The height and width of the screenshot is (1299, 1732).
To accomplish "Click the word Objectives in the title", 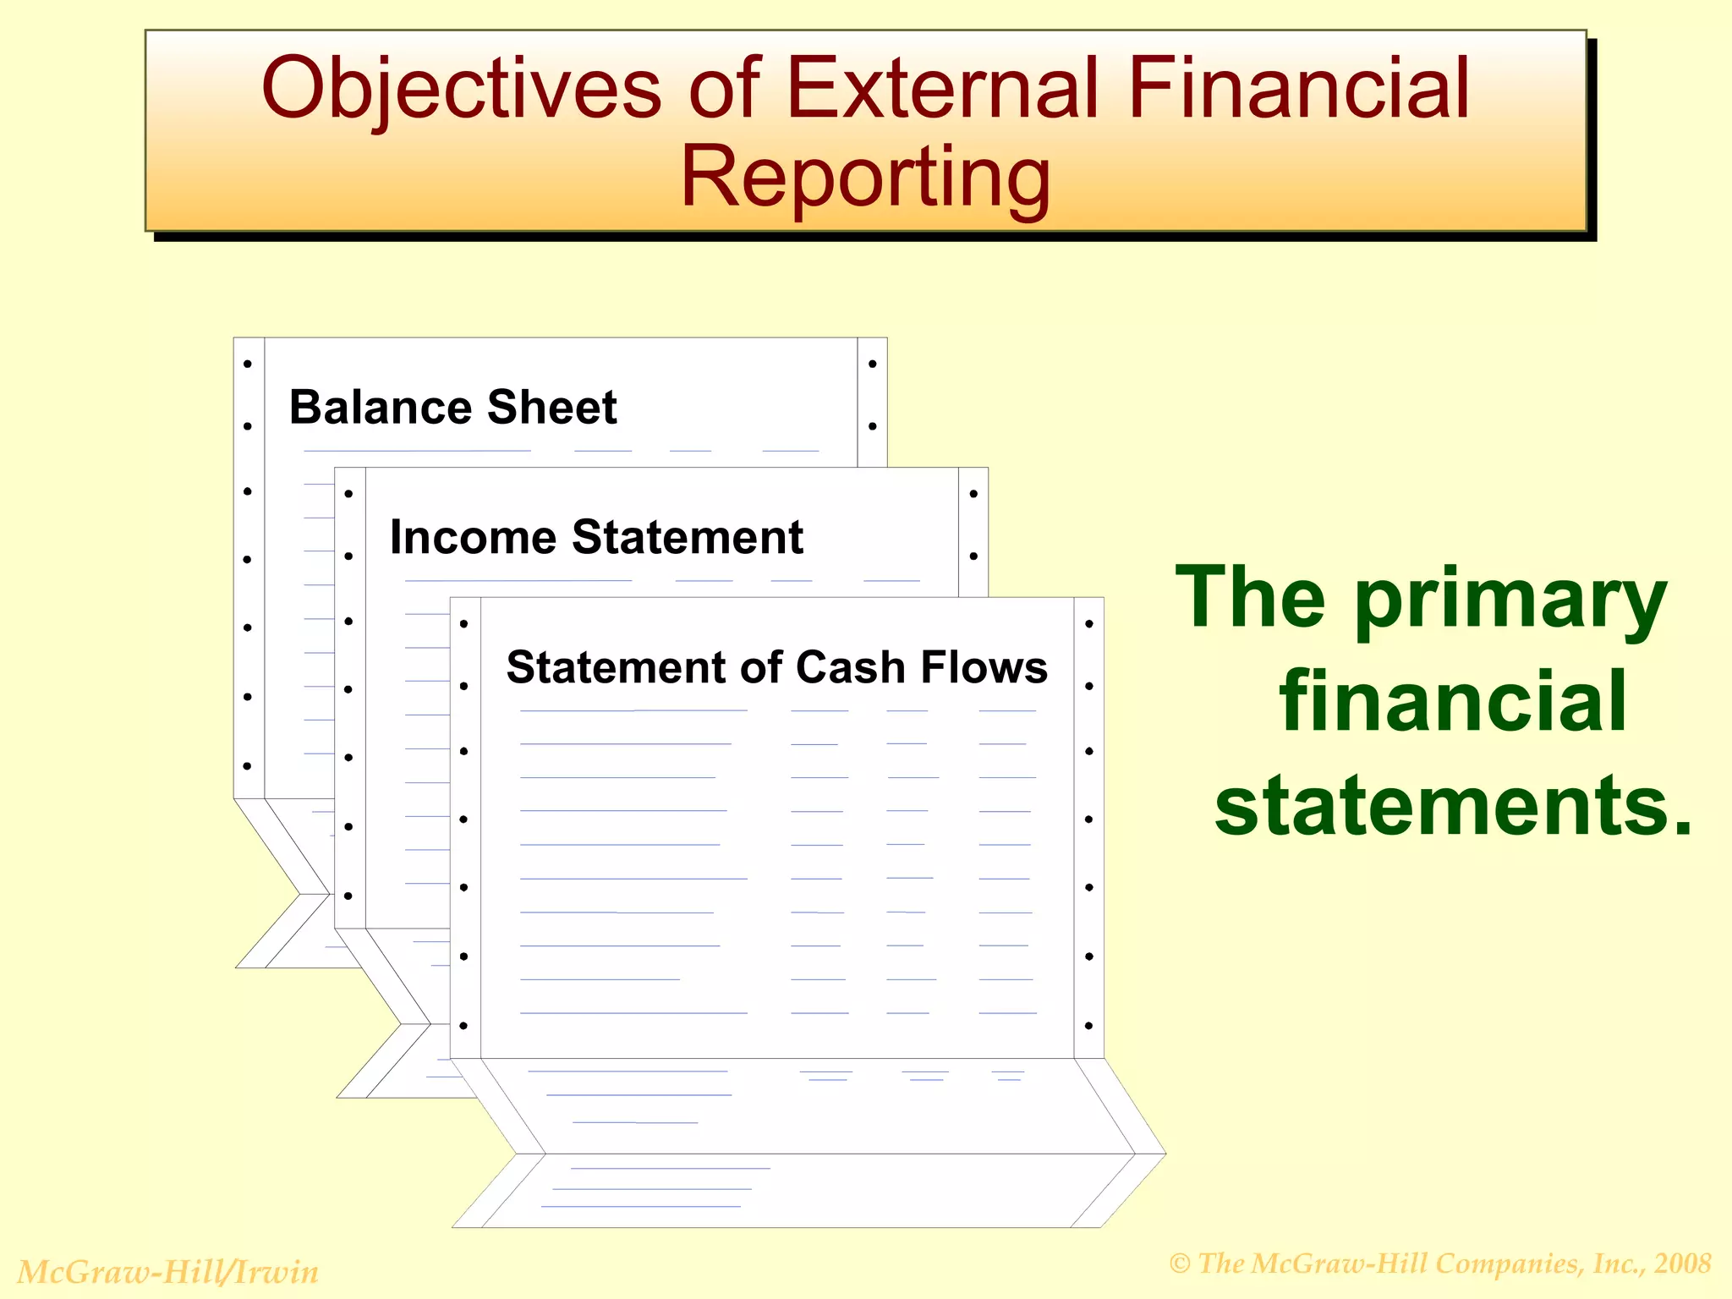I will pos(461,89).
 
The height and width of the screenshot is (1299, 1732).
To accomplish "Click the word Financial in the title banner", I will pos(1299,89).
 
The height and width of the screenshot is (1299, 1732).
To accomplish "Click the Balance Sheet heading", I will pos(452,408).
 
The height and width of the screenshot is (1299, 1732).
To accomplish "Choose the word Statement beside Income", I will pos(688,537).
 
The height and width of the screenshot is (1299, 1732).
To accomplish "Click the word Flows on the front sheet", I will pos(984,667).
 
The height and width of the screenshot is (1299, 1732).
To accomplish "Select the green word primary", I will pos(1510,600).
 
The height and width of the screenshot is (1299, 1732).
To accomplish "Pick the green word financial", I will pos(1453,702).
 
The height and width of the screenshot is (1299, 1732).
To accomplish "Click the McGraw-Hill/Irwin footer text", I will pos(168,1272).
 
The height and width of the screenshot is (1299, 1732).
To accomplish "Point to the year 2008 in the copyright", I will pos(1682,1263).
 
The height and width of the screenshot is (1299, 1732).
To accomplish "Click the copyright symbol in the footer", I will pos(1180,1264).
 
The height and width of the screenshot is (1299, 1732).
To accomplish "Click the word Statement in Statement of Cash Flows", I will pos(615,667).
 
